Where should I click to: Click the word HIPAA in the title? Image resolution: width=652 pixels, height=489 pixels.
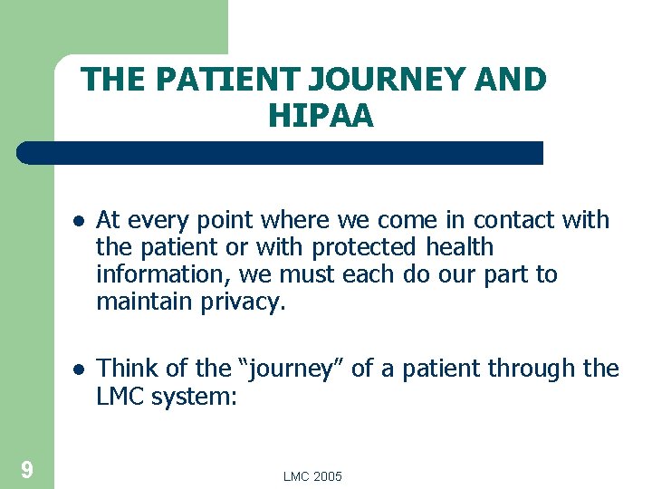click(x=321, y=116)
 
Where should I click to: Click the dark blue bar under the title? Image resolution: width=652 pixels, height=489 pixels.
click(x=281, y=153)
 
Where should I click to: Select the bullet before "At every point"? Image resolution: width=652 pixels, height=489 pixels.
click(x=79, y=221)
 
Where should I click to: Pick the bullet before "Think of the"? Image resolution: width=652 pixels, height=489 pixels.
click(x=79, y=369)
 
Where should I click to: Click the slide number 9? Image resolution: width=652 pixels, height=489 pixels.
click(x=27, y=469)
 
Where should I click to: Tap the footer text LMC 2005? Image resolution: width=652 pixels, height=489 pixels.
click(x=312, y=476)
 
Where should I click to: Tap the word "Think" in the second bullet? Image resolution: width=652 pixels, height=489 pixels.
click(x=127, y=369)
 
